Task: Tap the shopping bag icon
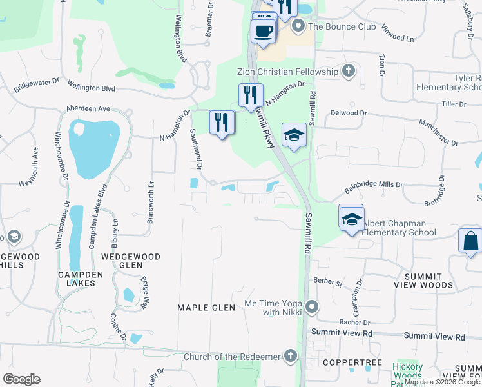tap(471, 240)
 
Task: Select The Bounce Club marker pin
tap(298, 26)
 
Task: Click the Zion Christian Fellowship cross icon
tap(349, 71)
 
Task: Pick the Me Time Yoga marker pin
tap(312, 307)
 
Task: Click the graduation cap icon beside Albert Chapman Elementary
tap(352, 218)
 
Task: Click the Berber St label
tap(327, 281)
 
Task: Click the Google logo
tap(21, 379)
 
